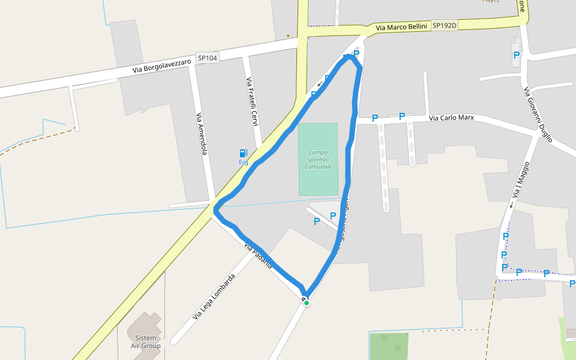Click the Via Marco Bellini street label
401,27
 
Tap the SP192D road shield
445,25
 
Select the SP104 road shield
208,58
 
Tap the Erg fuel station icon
244,154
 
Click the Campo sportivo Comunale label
318,159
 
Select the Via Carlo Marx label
451,118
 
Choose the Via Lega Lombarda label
214,296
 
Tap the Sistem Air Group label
146,342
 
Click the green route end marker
306,303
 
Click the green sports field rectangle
318,180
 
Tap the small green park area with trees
388,346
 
